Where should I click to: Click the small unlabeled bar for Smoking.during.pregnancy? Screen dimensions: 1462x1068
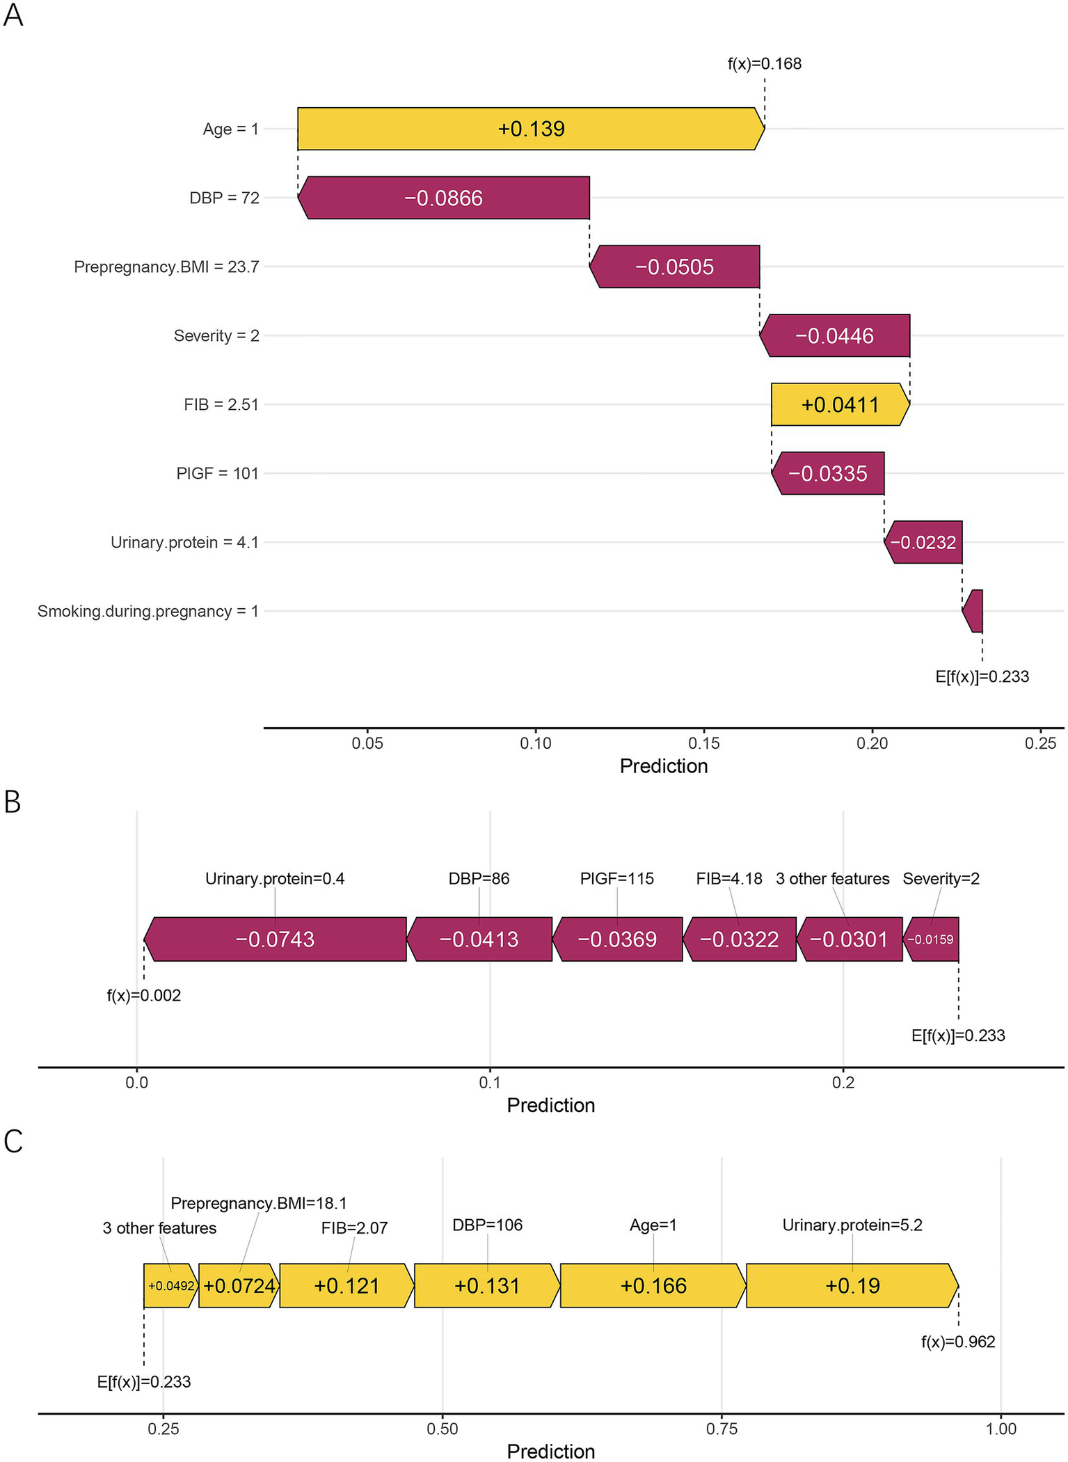pos(975,611)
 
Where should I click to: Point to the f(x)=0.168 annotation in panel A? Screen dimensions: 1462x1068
pos(764,64)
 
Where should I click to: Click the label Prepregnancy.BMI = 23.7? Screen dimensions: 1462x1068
pos(166,267)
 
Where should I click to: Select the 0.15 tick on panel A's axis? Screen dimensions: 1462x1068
pos(703,743)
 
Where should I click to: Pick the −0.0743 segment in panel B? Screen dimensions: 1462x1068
pos(275,939)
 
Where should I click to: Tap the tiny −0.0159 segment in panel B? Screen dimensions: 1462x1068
pos(932,939)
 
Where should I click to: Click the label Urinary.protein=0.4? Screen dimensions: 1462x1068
pos(275,879)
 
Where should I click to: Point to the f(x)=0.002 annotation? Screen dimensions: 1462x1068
pos(143,996)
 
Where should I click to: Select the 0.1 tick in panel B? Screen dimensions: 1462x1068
pos(490,1083)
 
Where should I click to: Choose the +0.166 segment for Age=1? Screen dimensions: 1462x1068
pos(653,1285)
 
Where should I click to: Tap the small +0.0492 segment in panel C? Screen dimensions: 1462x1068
pos(170,1286)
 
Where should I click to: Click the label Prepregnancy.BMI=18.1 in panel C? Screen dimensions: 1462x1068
pos(259,1203)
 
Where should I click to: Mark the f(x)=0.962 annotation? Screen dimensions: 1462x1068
pos(958,1342)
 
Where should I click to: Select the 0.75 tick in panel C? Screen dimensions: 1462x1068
pos(722,1429)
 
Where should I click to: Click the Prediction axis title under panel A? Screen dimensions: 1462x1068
pos(663,766)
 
